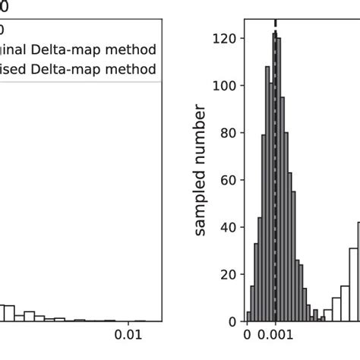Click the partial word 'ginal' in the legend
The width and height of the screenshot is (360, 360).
(x=15, y=50)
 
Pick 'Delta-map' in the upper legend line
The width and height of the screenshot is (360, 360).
(x=74, y=49)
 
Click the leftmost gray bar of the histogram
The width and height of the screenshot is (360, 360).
(x=248, y=316)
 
